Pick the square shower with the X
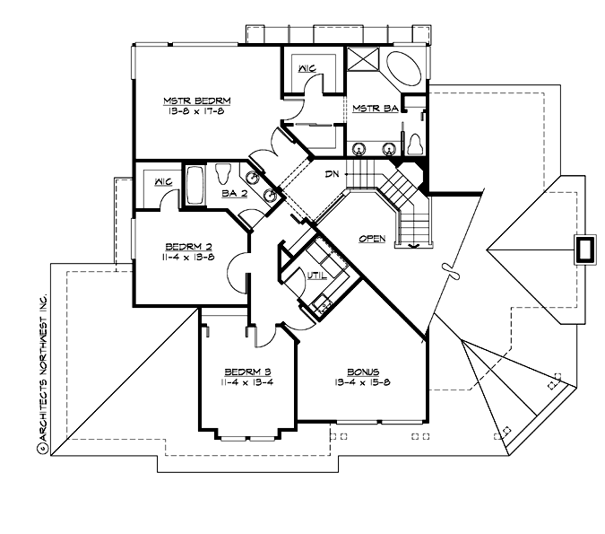364,62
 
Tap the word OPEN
372,239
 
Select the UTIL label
315,277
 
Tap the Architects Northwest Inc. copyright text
40,360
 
